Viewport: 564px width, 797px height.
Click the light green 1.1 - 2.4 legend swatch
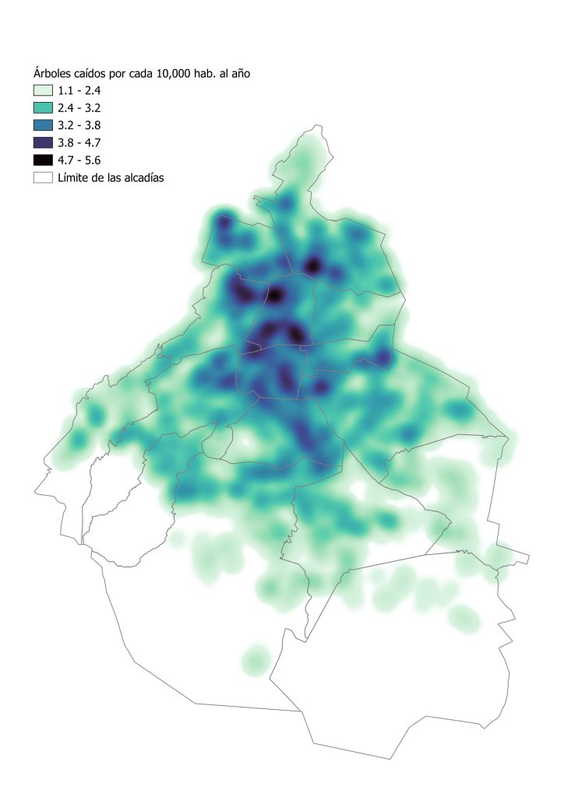point(43,90)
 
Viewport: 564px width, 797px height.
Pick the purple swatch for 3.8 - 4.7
point(43,142)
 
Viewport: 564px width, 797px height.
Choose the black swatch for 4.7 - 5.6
point(43,160)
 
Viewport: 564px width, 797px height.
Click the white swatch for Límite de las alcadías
point(43,177)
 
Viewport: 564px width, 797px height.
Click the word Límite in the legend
point(76,177)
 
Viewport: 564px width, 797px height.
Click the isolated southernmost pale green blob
point(255,661)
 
